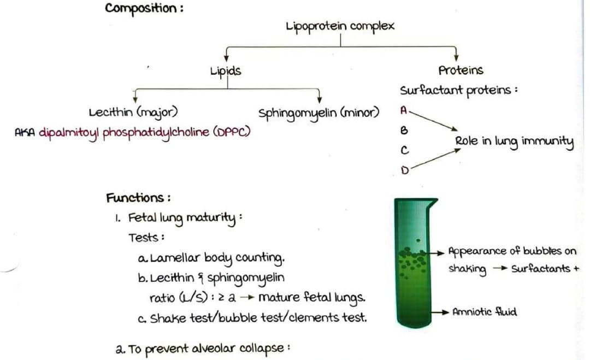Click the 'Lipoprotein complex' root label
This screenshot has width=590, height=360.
pos(339,26)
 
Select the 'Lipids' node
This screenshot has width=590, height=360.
pos(226,70)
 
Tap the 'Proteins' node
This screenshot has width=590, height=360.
pos(461,70)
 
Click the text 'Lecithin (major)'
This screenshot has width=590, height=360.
pos(132,113)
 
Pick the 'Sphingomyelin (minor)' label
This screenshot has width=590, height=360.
pos(318,114)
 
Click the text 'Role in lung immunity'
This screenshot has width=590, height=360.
pos(514,142)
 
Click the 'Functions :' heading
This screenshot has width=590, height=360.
pos(138,197)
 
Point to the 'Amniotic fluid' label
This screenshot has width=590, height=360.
pos(485,312)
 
